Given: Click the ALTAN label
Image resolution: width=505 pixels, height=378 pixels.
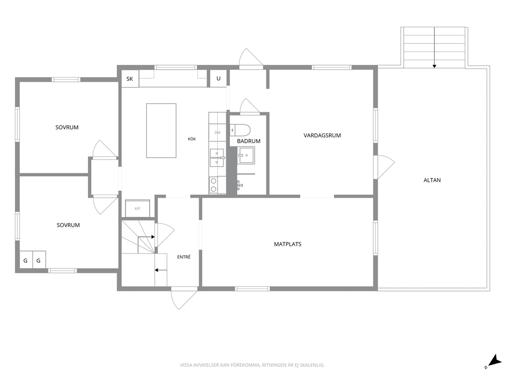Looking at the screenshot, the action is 432,180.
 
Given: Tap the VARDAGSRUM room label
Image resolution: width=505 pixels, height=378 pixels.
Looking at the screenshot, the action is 322,136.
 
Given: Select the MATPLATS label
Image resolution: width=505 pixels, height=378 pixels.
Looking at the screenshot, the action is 288,244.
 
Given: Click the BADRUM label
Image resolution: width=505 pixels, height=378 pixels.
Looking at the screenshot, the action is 248,141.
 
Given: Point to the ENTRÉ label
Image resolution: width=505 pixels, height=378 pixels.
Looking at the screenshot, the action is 184,257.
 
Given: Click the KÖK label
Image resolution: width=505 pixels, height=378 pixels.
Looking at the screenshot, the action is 191,139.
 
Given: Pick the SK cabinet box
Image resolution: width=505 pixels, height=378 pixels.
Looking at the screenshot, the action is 130,78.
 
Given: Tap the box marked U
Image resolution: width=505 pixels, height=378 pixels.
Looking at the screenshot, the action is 218,78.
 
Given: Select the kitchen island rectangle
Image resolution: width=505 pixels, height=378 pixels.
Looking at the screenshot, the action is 161,131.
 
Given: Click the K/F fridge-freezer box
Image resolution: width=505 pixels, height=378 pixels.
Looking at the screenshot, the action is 137,208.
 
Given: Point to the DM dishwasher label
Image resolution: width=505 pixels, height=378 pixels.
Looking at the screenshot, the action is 217,133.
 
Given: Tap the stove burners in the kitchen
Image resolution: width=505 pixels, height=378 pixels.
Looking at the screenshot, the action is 213,185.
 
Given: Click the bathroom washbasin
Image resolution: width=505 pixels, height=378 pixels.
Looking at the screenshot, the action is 246,155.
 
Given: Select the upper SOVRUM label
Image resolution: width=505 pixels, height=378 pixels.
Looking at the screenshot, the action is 67,128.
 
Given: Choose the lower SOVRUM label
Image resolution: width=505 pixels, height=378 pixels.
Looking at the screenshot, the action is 68,225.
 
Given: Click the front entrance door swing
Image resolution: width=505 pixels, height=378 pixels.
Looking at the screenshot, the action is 184,299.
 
